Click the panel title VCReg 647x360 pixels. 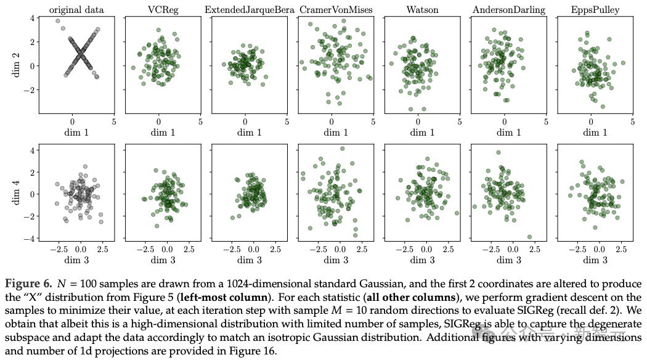tap(163, 10)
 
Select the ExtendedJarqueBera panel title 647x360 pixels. tap(249, 10)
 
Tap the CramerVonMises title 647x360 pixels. tap(336, 10)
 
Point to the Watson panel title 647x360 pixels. tap(422, 10)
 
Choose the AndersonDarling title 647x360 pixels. tap(508, 10)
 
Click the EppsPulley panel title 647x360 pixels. tap(595, 10)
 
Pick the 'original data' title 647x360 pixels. tap(76, 10)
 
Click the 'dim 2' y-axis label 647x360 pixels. tap(16, 65)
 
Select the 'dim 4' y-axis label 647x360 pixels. tap(16, 194)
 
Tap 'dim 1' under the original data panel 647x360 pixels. tap(76, 132)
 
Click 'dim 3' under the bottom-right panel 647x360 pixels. tap(595, 260)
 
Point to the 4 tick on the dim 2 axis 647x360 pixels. tap(31, 18)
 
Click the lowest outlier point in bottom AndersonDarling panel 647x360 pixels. tap(529, 237)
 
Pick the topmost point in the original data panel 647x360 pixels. tap(58, 21)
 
